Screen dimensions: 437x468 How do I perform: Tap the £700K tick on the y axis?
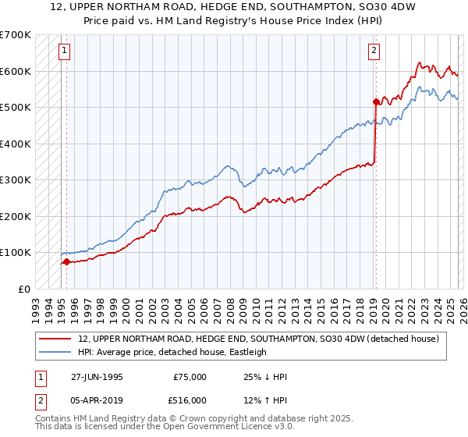[x=16, y=35]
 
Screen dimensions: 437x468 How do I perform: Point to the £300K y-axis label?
[x=16, y=180]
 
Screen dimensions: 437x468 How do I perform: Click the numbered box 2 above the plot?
[x=374, y=52]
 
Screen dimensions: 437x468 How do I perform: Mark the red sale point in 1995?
[x=66, y=261]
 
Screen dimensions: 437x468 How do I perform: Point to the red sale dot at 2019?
[x=375, y=101]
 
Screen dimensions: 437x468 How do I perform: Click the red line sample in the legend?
[x=55, y=339]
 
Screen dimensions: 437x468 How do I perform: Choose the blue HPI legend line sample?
[x=55, y=352]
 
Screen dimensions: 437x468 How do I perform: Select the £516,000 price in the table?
[x=190, y=400]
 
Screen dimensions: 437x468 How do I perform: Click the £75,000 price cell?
[x=190, y=377]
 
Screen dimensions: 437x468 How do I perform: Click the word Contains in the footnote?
[x=54, y=420]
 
